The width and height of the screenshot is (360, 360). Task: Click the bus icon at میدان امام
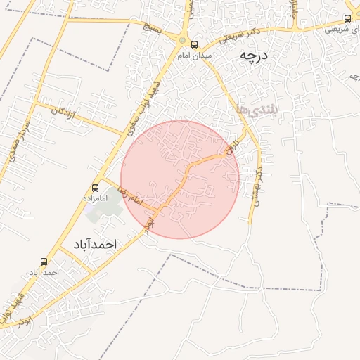tap(195, 44)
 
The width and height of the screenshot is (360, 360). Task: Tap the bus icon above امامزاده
tap(95, 188)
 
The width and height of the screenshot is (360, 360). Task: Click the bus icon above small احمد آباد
tap(44, 261)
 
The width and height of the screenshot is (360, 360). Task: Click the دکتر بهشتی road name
tap(258, 184)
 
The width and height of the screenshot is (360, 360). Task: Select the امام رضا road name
tap(131, 197)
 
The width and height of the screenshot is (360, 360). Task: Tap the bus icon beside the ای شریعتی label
tap(347, 18)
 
